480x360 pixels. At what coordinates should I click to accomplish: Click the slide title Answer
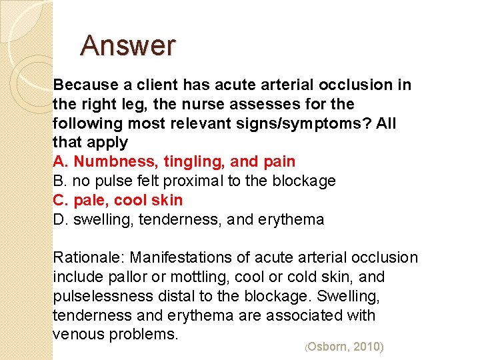coord(128,46)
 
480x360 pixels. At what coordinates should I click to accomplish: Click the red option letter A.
coord(59,162)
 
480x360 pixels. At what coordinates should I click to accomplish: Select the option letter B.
coord(59,181)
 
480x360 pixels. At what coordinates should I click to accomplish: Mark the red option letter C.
coord(59,201)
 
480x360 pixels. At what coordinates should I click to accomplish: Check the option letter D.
coord(59,220)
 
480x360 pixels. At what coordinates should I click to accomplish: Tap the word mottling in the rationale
coord(209,277)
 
